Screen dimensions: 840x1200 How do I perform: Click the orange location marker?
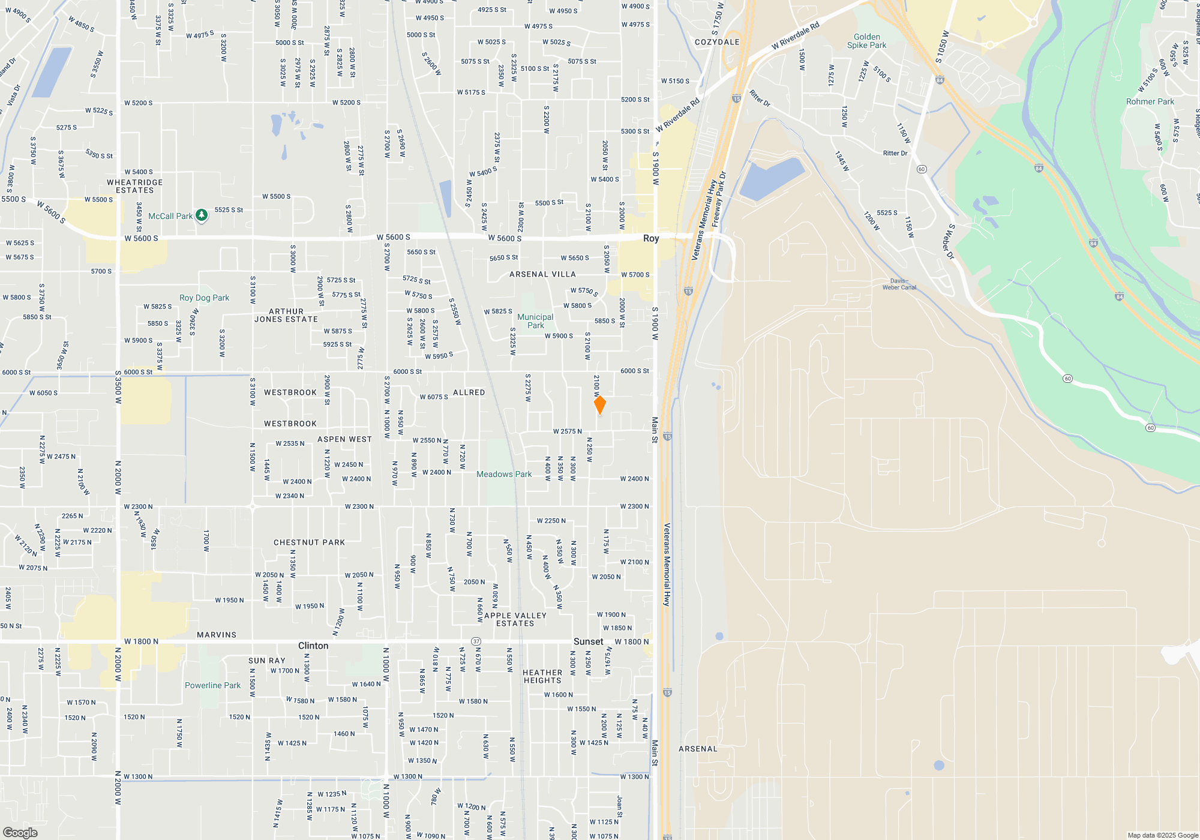click(599, 404)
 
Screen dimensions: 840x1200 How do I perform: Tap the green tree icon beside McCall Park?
click(202, 215)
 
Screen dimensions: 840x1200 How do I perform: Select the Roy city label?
click(651, 238)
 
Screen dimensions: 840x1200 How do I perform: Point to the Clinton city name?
click(313, 646)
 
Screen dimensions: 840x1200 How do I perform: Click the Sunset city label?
click(588, 641)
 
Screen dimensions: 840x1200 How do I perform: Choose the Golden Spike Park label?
click(866, 41)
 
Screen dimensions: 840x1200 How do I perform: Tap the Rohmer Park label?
click(1150, 101)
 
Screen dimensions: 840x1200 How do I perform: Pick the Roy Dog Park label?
click(204, 298)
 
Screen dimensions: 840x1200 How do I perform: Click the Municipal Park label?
click(535, 321)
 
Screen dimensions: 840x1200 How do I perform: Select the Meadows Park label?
click(504, 474)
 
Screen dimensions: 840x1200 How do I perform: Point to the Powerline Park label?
click(212, 685)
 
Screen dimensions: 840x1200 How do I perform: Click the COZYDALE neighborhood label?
click(717, 42)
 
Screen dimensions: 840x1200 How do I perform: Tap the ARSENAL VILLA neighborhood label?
click(542, 274)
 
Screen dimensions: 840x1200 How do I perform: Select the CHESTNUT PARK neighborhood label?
click(309, 542)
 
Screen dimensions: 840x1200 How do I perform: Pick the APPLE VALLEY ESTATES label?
click(515, 619)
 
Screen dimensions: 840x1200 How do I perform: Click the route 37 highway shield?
click(476, 641)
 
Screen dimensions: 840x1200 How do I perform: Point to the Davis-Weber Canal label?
click(899, 284)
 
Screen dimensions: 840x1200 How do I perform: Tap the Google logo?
click(20, 833)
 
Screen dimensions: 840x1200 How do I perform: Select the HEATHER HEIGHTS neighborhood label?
click(542, 676)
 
